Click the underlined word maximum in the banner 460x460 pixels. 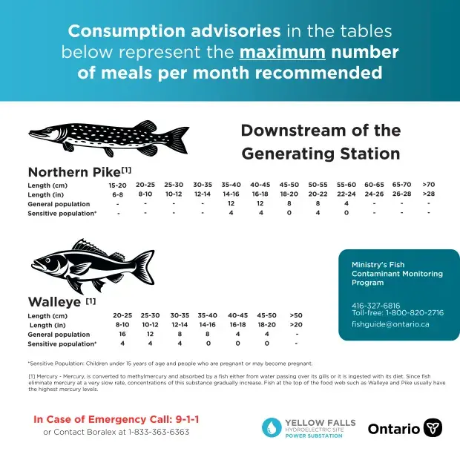click(x=282, y=52)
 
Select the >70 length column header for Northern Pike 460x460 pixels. click(x=429, y=185)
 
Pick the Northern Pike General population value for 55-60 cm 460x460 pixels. click(x=346, y=203)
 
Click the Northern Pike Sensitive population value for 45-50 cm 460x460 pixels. click(x=289, y=213)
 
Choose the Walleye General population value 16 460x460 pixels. click(x=122, y=334)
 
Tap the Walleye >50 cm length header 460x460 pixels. click(x=296, y=315)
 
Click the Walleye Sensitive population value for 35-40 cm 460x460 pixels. click(x=208, y=344)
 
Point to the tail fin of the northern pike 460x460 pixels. click(x=178, y=139)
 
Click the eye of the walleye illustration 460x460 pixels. click(x=47, y=260)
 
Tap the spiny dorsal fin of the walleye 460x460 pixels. click(x=88, y=246)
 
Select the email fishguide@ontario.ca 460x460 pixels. click(x=390, y=324)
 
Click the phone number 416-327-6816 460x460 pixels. click(x=376, y=306)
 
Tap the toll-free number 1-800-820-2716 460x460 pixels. click(x=415, y=313)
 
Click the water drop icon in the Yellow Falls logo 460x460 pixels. click(x=272, y=427)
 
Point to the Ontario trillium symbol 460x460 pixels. click(x=433, y=428)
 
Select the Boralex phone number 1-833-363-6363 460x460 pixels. click(x=159, y=432)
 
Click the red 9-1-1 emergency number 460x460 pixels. click(x=187, y=419)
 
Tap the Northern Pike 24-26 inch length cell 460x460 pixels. click(x=374, y=194)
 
